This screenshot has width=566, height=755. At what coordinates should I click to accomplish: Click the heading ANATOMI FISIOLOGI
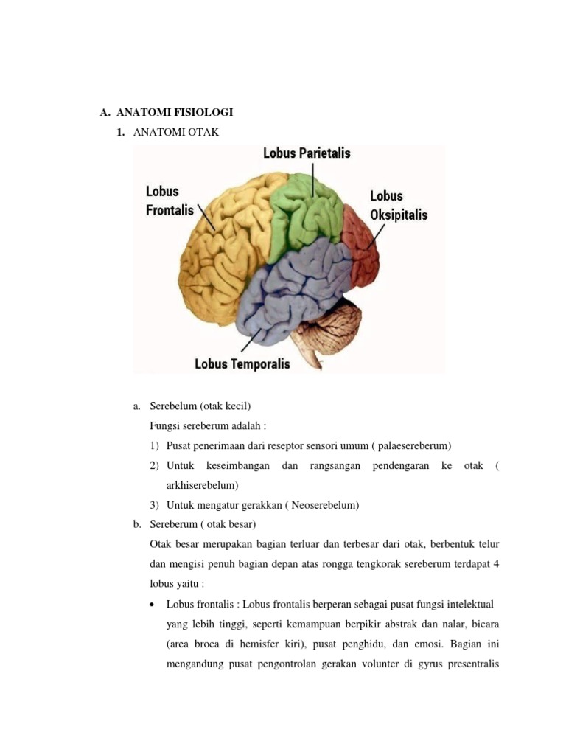tap(175, 113)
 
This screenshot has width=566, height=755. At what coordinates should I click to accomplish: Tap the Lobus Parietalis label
tap(307, 153)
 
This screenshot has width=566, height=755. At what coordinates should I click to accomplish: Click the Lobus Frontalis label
tap(170, 201)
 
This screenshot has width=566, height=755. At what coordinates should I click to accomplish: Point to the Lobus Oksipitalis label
tap(398, 206)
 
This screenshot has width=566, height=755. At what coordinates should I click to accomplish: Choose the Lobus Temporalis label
tap(242, 363)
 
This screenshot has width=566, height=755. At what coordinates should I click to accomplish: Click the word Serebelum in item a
tap(172, 406)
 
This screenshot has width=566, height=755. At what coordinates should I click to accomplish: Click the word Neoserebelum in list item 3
tap(325, 505)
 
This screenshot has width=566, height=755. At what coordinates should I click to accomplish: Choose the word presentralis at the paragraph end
tap(470, 663)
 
